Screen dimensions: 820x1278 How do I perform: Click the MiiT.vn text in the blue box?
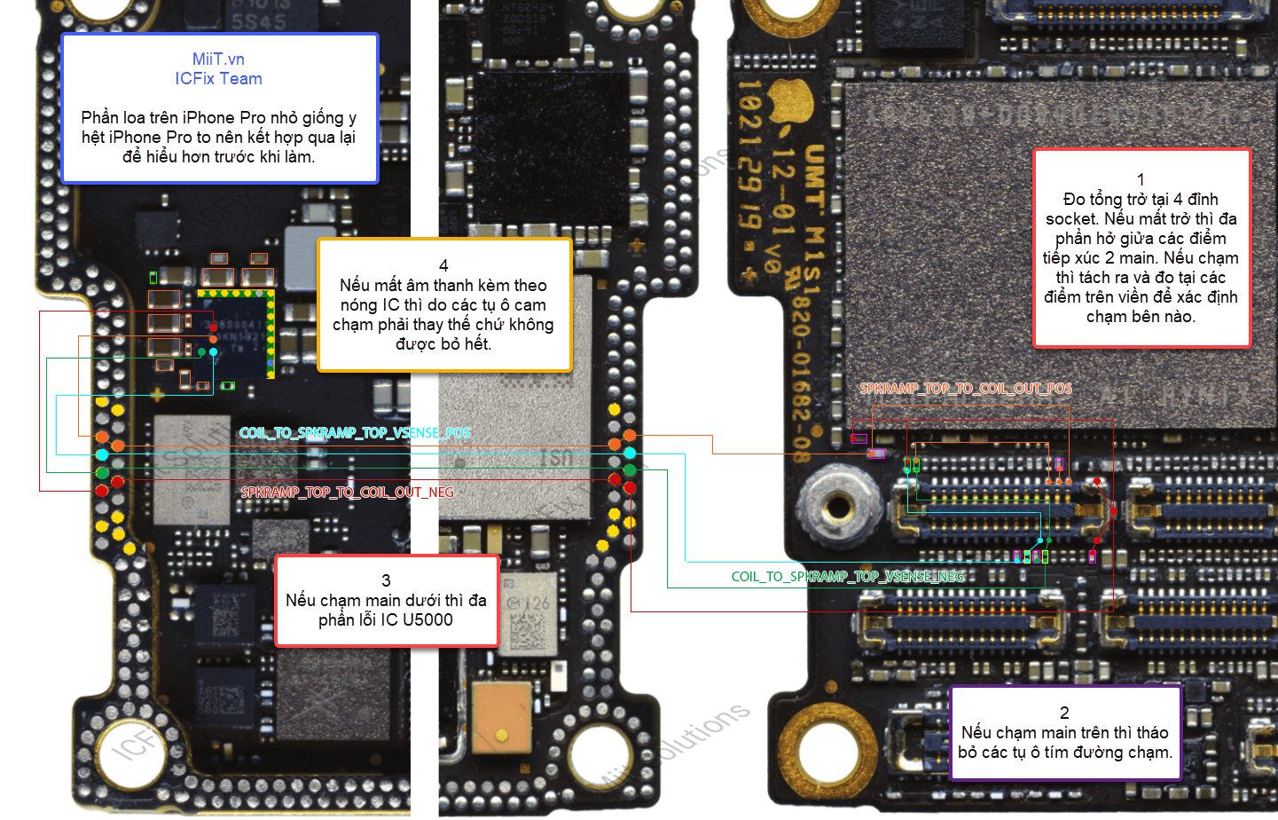[218, 59]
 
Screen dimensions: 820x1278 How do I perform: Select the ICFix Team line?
[218, 79]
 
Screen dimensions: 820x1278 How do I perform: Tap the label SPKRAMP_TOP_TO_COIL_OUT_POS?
[966, 389]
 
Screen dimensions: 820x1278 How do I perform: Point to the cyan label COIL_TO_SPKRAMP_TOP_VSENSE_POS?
[355, 433]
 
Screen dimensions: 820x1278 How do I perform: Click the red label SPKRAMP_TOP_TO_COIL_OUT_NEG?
[347, 493]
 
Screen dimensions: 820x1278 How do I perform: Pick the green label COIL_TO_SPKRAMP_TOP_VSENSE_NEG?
[847, 577]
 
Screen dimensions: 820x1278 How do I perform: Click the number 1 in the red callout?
[1141, 179]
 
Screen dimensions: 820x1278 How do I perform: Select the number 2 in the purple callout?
[1064, 713]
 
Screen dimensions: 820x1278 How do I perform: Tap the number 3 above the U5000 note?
[386, 580]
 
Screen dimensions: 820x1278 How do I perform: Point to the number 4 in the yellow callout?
[443, 265]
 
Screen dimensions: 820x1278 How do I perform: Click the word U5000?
[427, 620]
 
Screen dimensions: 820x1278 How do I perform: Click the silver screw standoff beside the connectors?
[837, 508]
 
